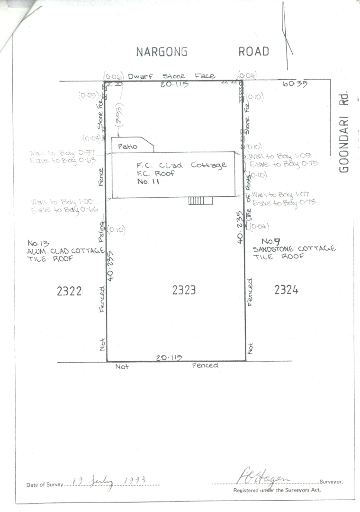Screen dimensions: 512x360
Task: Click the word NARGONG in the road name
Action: (x=162, y=52)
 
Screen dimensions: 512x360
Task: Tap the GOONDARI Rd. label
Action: (x=345, y=131)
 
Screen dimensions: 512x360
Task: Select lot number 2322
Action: (x=69, y=291)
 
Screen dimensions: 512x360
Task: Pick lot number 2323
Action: (x=184, y=290)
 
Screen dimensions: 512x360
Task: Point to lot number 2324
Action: (x=286, y=290)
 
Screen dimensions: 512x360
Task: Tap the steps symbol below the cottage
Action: (x=200, y=201)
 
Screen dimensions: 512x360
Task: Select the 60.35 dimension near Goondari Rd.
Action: (x=295, y=84)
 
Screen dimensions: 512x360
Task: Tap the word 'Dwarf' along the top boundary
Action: (x=140, y=76)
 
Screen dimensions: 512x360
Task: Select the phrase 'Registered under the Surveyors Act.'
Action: (x=277, y=490)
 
